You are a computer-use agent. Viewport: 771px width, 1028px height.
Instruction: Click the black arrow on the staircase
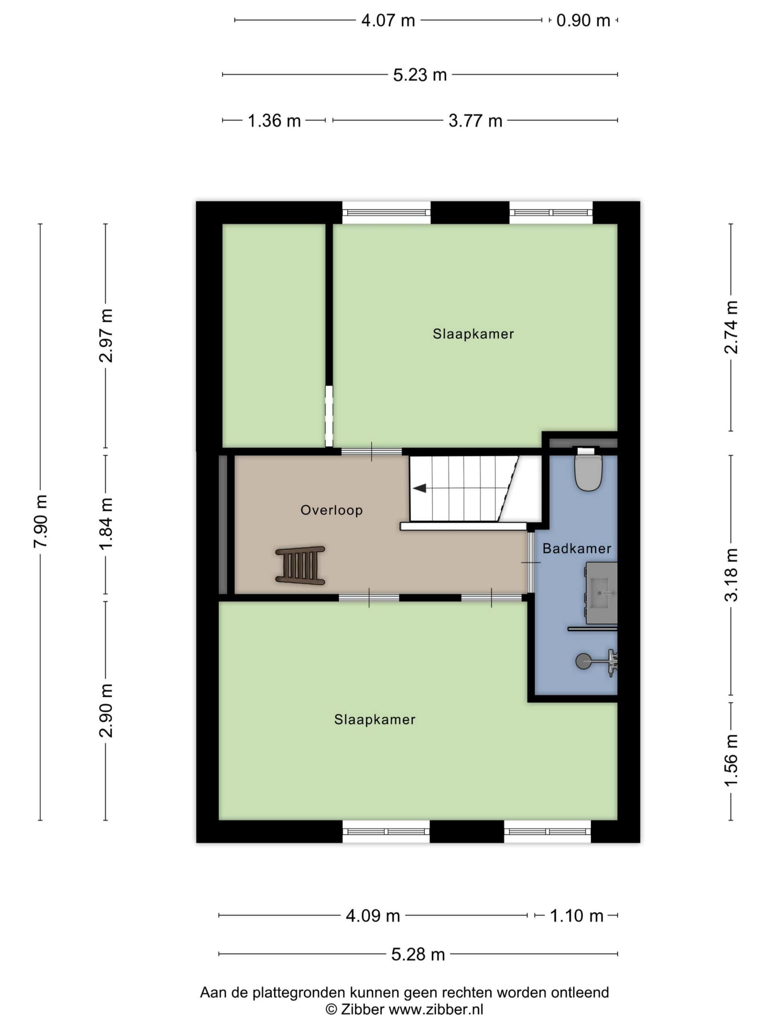tap(420, 488)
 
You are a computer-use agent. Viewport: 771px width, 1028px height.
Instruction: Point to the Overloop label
tap(331, 510)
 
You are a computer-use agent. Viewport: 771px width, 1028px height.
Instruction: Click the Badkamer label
tap(577, 549)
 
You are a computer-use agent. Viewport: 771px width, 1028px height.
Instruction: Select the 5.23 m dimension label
tap(420, 75)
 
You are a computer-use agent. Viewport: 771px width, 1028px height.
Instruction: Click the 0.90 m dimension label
tap(583, 20)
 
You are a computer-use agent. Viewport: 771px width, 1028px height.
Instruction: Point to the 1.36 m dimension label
tap(274, 121)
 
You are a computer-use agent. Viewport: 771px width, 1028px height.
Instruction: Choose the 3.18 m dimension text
tap(731, 575)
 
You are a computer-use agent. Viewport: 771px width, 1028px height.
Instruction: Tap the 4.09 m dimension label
tap(373, 916)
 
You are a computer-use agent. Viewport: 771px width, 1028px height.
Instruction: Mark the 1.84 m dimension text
tap(106, 523)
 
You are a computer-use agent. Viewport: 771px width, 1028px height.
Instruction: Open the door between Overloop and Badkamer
tap(530, 562)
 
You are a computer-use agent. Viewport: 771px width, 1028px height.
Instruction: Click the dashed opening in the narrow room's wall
tap(329, 416)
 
